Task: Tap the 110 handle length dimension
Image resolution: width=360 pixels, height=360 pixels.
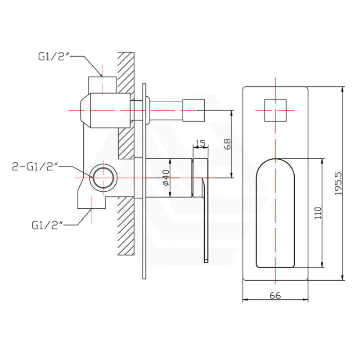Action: [x=318, y=212]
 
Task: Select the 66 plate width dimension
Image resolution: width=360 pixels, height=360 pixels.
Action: [x=275, y=295]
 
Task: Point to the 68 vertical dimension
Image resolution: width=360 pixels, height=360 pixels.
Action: [x=227, y=144]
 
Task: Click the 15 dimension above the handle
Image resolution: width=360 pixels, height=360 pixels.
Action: [x=201, y=144]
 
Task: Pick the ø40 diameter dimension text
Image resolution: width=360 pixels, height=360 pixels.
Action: [x=165, y=178]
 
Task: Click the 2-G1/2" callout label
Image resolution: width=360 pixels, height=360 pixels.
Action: [x=36, y=167]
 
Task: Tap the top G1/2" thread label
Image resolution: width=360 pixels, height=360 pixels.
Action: [x=53, y=57]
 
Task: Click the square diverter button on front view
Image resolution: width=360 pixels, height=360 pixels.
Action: [x=274, y=110]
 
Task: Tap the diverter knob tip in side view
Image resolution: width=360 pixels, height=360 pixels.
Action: [x=194, y=110]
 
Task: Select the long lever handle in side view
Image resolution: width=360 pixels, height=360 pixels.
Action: [x=206, y=220]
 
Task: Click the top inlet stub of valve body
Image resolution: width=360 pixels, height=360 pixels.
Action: [x=102, y=84]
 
